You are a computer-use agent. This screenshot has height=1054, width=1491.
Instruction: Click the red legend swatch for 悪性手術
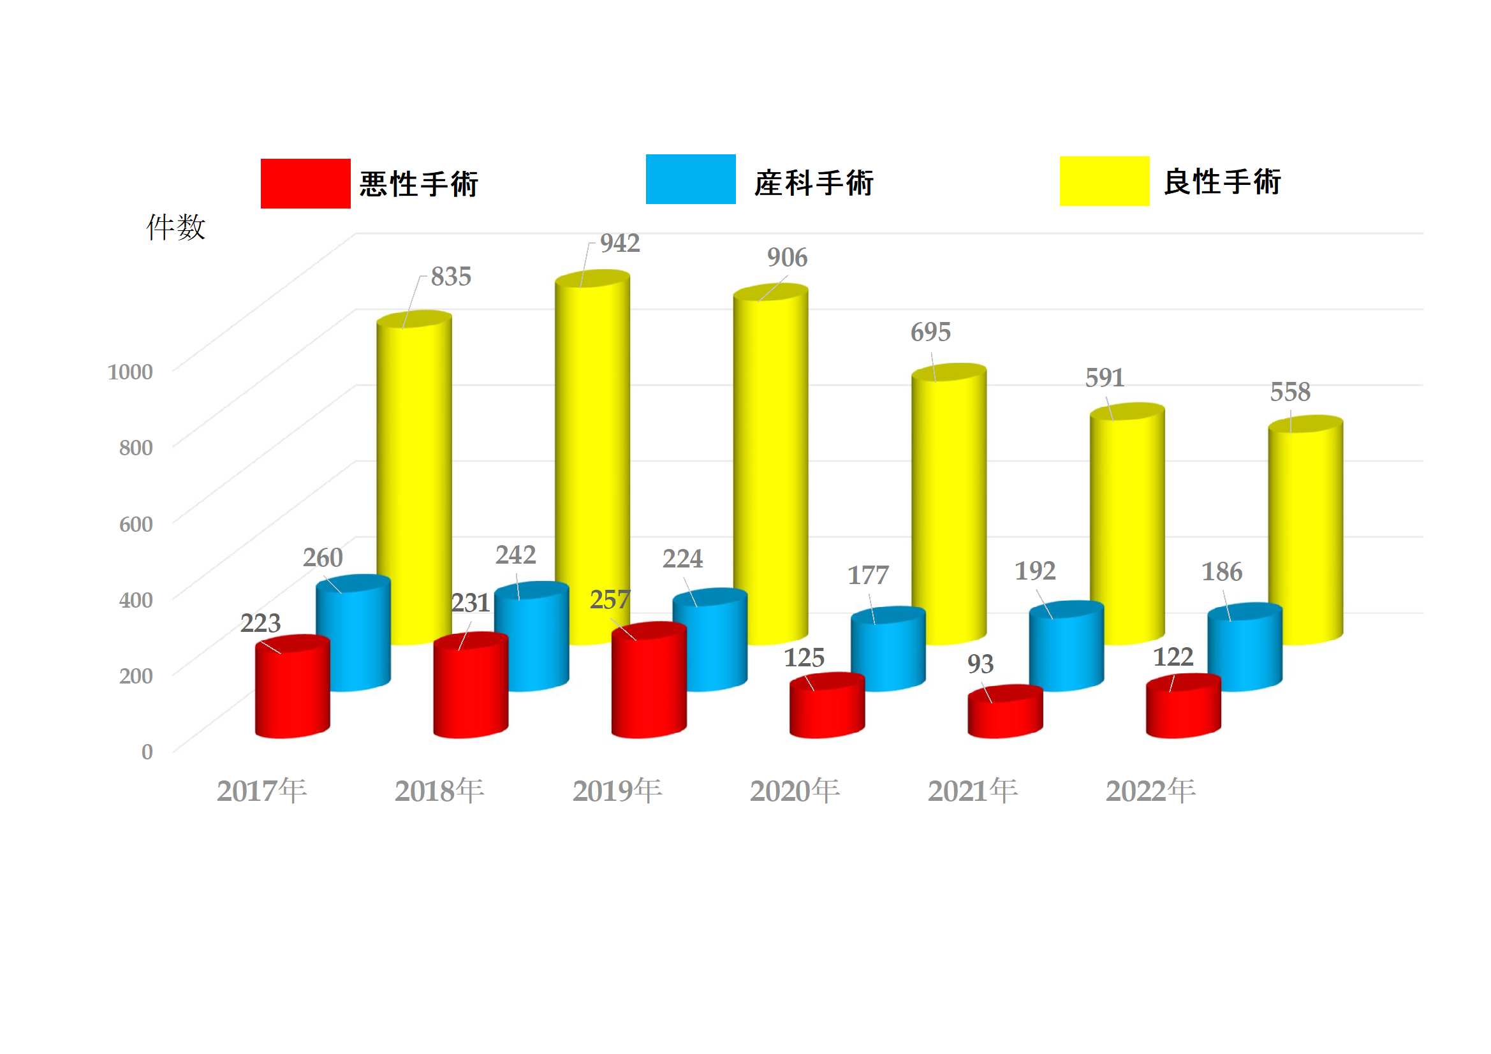tap(305, 183)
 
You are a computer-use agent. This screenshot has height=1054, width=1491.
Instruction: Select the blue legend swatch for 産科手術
tap(690, 179)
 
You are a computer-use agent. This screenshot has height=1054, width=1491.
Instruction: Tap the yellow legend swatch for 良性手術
tap(1104, 181)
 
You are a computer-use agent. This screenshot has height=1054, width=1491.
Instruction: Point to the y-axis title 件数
tap(175, 227)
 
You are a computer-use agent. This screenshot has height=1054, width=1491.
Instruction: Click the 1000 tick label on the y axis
tap(130, 372)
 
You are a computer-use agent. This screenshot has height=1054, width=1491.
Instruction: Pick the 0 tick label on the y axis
tap(147, 752)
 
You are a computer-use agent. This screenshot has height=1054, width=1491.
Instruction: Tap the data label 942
tap(619, 244)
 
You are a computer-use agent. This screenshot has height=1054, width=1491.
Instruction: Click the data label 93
tap(980, 664)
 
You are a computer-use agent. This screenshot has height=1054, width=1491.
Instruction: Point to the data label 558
tap(1289, 392)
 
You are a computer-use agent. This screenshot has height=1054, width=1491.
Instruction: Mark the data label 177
tap(867, 575)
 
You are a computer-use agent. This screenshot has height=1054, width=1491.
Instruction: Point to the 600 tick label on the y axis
tap(136, 524)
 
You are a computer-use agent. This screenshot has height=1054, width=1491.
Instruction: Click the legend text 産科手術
tap(814, 183)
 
